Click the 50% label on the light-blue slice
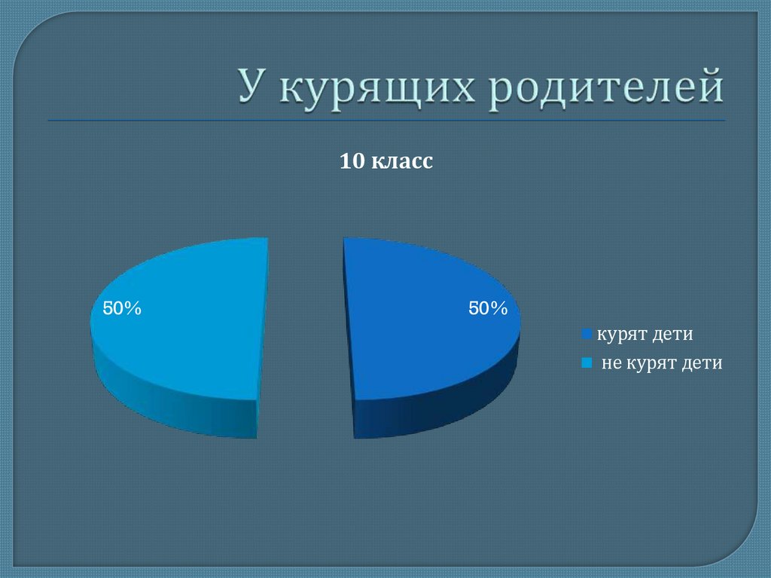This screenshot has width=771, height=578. pyautogui.click(x=122, y=308)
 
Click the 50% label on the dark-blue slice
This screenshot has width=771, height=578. pyautogui.click(x=488, y=309)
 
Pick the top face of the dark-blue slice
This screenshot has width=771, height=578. pyautogui.click(x=422, y=317)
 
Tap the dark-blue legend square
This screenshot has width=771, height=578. pyautogui.click(x=586, y=335)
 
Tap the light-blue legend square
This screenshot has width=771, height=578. pyautogui.click(x=586, y=364)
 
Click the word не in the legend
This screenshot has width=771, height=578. pyautogui.click(x=611, y=364)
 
